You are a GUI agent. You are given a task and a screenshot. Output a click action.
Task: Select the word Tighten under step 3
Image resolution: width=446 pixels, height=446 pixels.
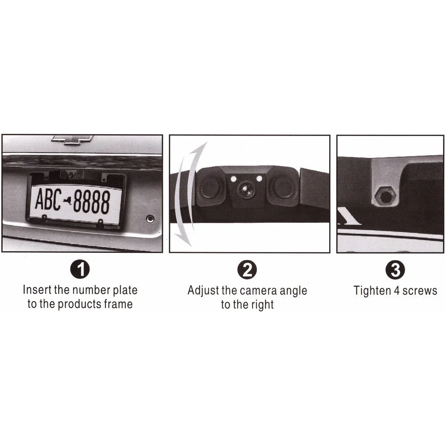click(372, 291)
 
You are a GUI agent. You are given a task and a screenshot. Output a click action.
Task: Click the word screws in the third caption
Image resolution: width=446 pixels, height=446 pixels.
click(420, 291)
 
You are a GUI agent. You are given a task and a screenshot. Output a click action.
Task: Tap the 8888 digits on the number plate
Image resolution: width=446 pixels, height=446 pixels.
click(91, 201)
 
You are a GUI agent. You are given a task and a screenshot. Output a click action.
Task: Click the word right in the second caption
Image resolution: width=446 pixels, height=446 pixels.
click(262, 305)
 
